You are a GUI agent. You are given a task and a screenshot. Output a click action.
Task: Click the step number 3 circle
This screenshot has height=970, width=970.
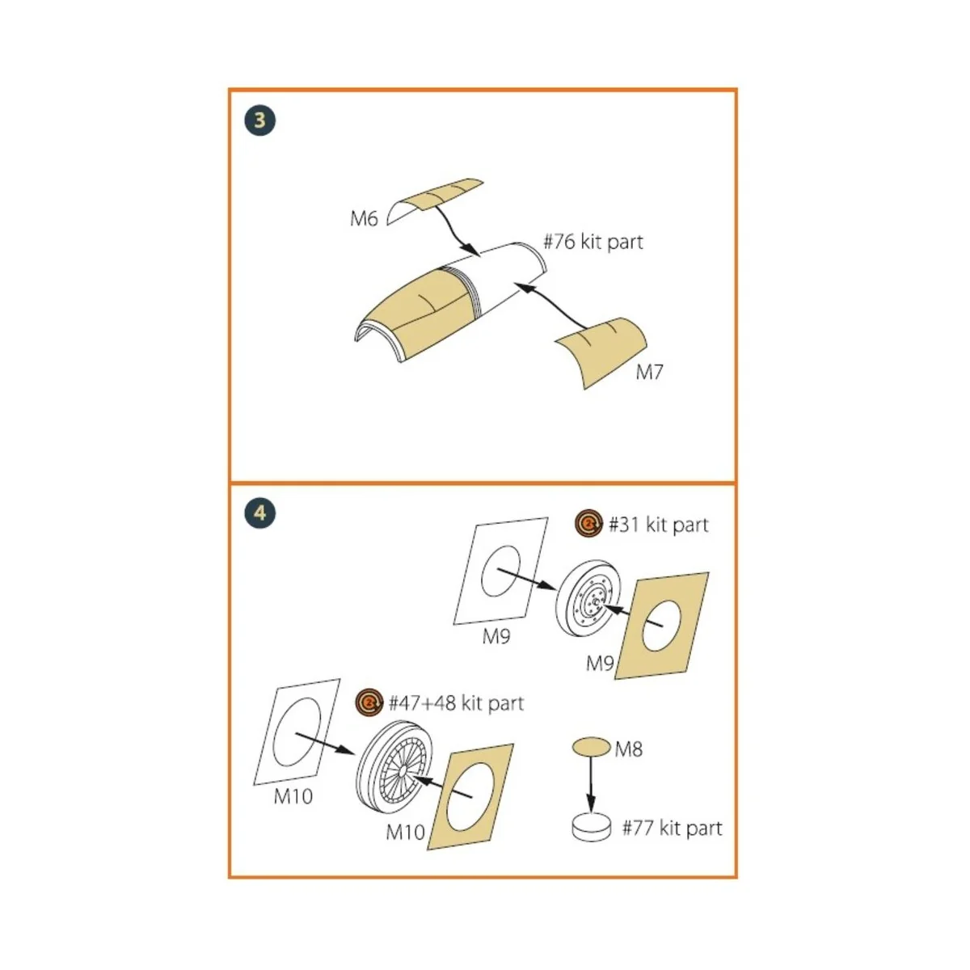pyautogui.click(x=259, y=120)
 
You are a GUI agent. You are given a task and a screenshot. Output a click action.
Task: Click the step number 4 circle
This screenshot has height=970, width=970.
pyautogui.click(x=259, y=512)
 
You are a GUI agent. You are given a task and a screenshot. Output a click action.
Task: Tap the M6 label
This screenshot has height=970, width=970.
pyautogui.click(x=364, y=219)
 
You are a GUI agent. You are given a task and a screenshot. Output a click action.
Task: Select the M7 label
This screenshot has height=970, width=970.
pyautogui.click(x=649, y=372)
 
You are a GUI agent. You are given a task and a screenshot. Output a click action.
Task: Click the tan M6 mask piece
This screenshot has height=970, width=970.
pyautogui.click(x=436, y=197)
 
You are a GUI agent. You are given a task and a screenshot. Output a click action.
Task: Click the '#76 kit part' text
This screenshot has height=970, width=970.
pyautogui.click(x=593, y=242)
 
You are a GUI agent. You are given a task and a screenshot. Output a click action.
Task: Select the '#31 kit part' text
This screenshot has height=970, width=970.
pyautogui.click(x=658, y=525)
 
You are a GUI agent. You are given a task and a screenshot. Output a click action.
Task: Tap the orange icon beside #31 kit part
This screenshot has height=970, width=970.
pyautogui.click(x=589, y=525)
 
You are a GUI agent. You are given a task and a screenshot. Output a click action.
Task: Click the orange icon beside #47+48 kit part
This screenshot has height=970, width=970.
pyautogui.click(x=369, y=703)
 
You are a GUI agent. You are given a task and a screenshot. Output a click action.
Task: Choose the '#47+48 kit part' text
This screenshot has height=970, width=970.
pyautogui.click(x=456, y=703)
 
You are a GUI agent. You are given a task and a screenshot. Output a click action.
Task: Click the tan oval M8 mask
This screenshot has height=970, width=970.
pyautogui.click(x=591, y=747)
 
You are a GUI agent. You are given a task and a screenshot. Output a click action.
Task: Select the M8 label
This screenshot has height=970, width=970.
pyautogui.click(x=628, y=749)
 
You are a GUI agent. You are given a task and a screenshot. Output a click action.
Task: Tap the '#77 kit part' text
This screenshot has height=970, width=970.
pyautogui.click(x=672, y=828)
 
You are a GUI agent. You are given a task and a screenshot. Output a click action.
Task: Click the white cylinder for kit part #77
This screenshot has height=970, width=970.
pyautogui.click(x=591, y=828)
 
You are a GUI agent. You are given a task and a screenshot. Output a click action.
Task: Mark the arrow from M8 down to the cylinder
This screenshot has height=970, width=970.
pyautogui.click(x=591, y=784)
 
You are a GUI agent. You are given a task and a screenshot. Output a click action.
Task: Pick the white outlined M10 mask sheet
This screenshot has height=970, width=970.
pyautogui.click(x=297, y=732)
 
